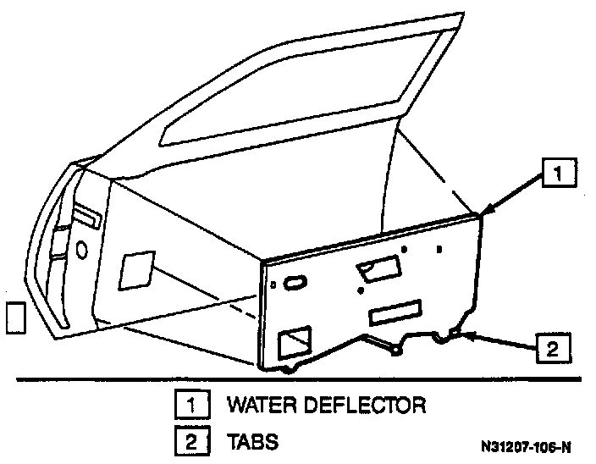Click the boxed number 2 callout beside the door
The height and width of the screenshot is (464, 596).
tap(552, 347)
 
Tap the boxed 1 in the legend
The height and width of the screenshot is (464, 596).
tap(191, 405)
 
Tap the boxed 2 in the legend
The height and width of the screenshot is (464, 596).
tap(191, 441)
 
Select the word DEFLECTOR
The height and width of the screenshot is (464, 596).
tap(368, 405)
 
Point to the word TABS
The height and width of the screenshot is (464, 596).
tap(251, 441)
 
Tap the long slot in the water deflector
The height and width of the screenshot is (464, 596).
tap(395, 312)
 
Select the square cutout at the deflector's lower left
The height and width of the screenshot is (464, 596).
tap(296, 343)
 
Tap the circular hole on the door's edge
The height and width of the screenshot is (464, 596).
tap(81, 251)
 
